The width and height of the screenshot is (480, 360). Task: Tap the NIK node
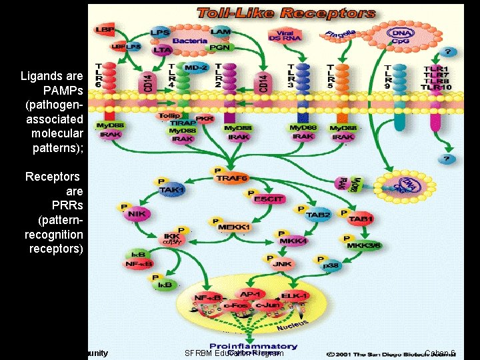tap(137, 214)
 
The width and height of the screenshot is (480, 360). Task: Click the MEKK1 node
tap(233, 227)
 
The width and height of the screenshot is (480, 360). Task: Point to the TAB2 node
tap(318, 215)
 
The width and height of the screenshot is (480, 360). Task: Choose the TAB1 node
tap(361, 219)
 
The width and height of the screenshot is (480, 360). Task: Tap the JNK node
tap(282, 264)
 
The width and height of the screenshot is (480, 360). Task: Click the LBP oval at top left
tap(105, 30)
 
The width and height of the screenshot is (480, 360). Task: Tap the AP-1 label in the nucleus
tap(250, 294)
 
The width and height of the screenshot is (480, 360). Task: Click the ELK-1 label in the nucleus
tap(293, 295)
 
